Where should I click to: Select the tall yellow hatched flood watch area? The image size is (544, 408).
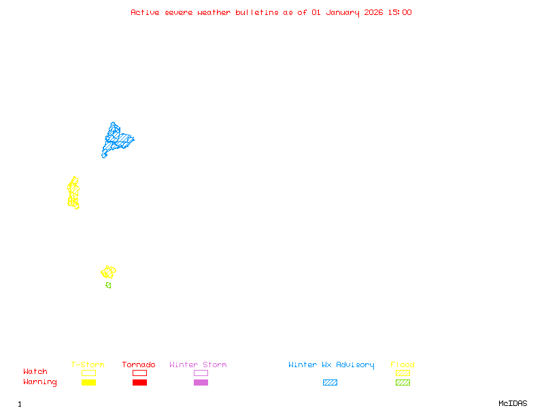(73, 193)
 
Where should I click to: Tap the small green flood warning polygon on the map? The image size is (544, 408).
(108, 285)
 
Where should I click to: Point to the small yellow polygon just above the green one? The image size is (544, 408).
(108, 272)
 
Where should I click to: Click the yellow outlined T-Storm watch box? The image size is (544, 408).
(88, 373)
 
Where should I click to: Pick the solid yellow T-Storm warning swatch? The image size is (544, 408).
(88, 382)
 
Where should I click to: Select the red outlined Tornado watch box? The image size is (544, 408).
(139, 373)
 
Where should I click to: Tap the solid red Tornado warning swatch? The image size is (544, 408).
(139, 382)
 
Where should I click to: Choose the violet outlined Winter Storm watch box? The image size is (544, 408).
(201, 373)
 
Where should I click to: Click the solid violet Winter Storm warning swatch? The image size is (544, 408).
(201, 382)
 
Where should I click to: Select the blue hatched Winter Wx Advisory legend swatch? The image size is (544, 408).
(330, 382)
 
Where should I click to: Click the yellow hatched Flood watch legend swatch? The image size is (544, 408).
(403, 373)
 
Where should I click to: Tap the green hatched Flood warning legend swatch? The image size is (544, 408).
(403, 382)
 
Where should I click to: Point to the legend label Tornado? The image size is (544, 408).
(139, 365)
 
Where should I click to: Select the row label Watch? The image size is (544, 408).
(35, 372)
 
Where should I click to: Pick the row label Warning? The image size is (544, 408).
(39, 382)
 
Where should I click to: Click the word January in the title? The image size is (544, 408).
(341, 12)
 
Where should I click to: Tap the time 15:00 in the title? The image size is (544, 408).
(399, 12)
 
